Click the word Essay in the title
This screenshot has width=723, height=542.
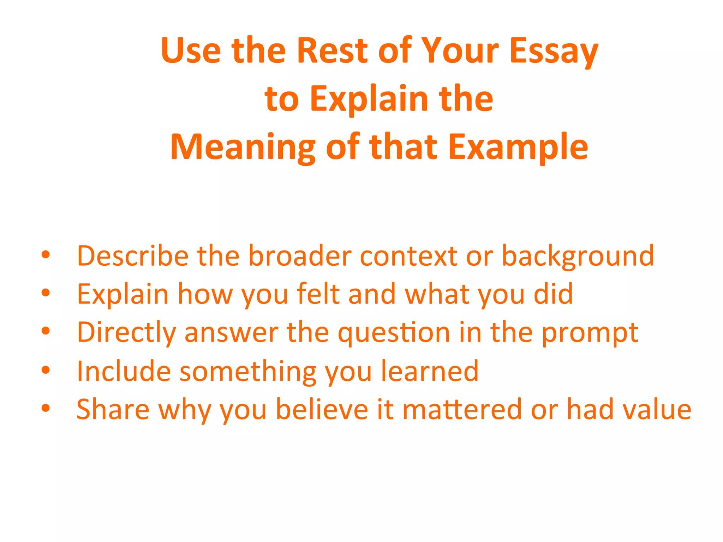(x=554, y=51)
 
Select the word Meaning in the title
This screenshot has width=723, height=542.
(x=243, y=147)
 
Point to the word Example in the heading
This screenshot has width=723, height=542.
(x=518, y=147)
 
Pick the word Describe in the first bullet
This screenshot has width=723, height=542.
(x=133, y=255)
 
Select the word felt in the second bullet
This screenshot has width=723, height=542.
(x=318, y=294)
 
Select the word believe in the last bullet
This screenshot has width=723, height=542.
(x=322, y=409)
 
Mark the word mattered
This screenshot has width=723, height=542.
(x=462, y=409)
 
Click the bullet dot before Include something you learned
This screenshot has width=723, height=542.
(x=46, y=370)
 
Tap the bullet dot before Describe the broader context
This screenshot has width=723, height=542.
(x=46, y=254)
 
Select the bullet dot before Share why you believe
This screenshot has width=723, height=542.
(x=46, y=408)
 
